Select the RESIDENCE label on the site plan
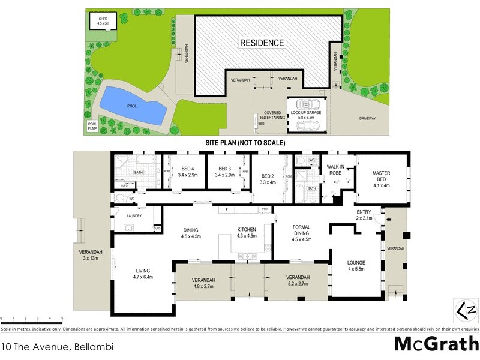pos(262,43)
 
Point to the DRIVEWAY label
pos(367,118)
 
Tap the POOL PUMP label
pos(92,126)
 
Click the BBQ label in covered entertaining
pos(261,124)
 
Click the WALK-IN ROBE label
pos(335,169)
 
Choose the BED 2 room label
pos(268,178)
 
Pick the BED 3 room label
pos(225,172)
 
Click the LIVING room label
pos(143,274)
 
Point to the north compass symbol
pos(465,310)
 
